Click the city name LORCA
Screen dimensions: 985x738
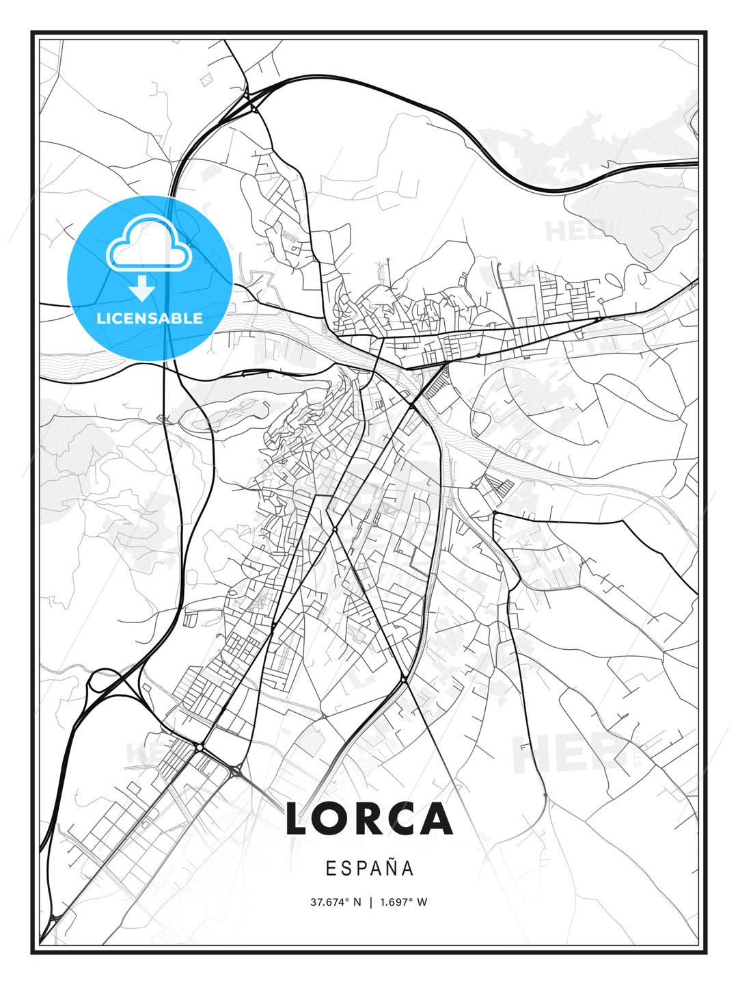click(369, 819)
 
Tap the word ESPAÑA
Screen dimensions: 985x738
click(369, 868)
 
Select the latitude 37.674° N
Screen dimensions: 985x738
click(336, 902)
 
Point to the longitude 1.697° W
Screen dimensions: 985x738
click(403, 902)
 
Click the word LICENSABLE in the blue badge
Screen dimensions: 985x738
click(150, 318)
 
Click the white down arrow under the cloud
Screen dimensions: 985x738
click(142, 288)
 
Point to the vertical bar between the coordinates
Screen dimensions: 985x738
click(371, 902)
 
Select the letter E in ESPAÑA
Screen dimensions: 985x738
click(331, 868)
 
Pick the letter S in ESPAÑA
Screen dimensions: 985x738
click(346, 868)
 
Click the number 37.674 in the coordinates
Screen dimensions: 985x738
click(329, 902)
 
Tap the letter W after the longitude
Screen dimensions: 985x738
click(422, 902)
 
